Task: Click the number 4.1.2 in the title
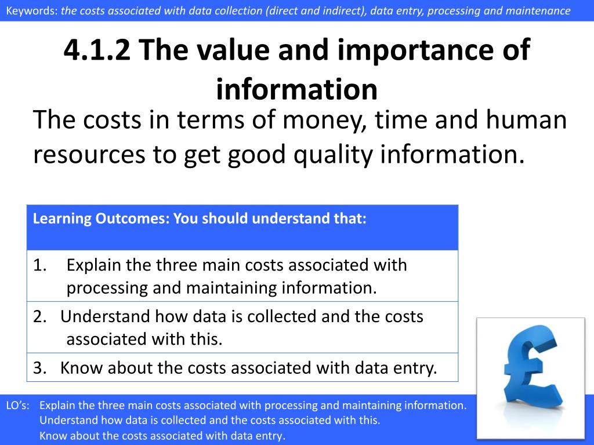point(97,50)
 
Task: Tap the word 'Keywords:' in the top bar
point(32,10)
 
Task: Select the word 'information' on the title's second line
point(296,89)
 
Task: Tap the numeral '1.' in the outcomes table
point(40,265)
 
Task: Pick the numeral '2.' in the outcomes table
point(40,316)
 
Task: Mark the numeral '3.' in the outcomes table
point(40,368)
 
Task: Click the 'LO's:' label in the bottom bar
point(18,405)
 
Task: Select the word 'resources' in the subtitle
point(89,155)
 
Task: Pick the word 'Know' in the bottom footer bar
point(53,436)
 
